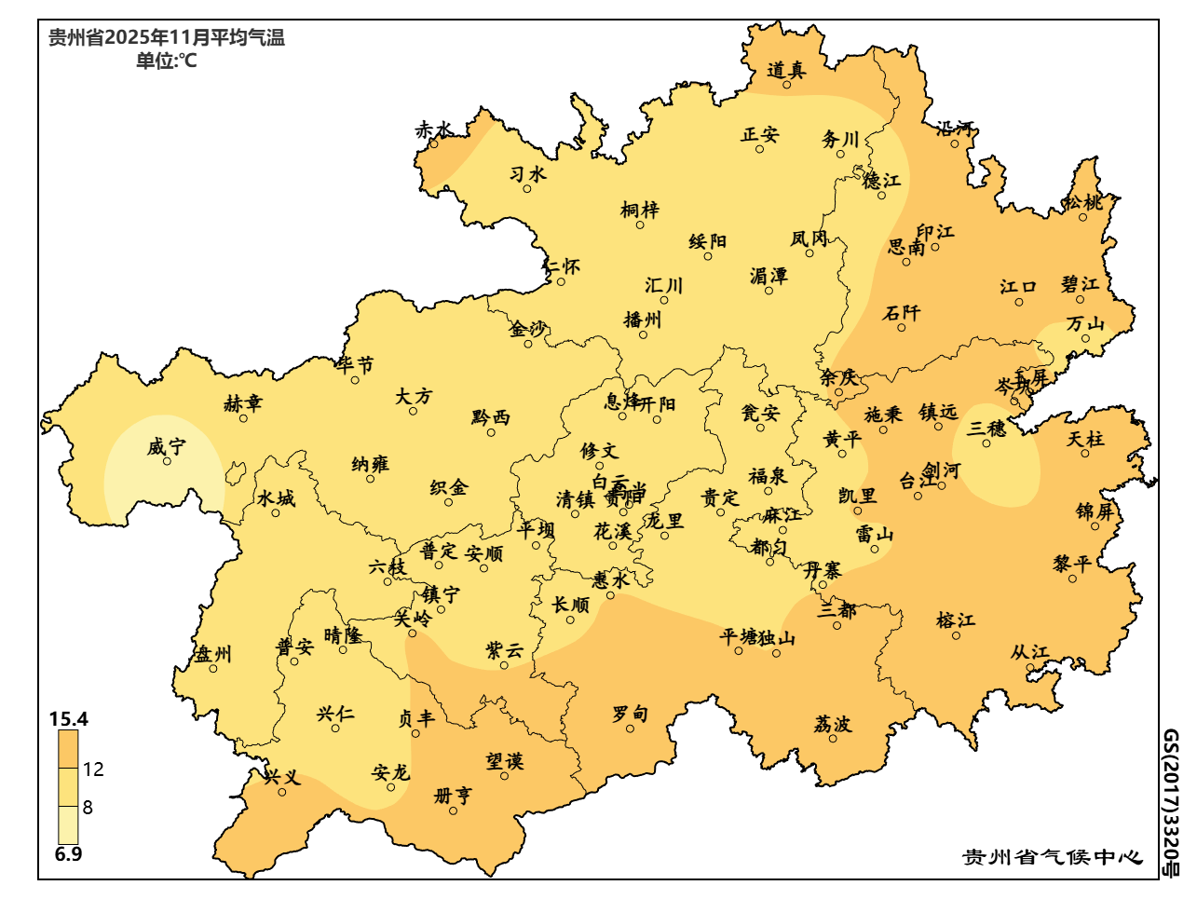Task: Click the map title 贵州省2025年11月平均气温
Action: (x=167, y=38)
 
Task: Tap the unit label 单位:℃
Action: (x=167, y=61)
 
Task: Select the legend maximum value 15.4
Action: (x=69, y=719)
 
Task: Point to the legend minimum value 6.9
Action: (x=68, y=854)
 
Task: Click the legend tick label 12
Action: (x=93, y=770)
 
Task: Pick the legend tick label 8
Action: (x=88, y=807)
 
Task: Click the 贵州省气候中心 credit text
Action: (x=1052, y=857)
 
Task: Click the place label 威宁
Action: (x=167, y=447)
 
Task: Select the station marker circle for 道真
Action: (x=786, y=85)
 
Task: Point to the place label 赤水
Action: (x=434, y=130)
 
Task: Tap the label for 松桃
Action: (x=1083, y=202)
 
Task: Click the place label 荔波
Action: (x=833, y=724)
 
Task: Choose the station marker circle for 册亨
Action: (x=454, y=810)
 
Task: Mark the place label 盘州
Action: (x=212, y=654)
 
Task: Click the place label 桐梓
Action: (x=640, y=211)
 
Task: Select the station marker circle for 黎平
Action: (x=1072, y=579)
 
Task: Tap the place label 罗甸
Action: (x=630, y=714)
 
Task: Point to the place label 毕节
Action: (x=355, y=365)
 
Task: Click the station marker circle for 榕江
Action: (x=956, y=635)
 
